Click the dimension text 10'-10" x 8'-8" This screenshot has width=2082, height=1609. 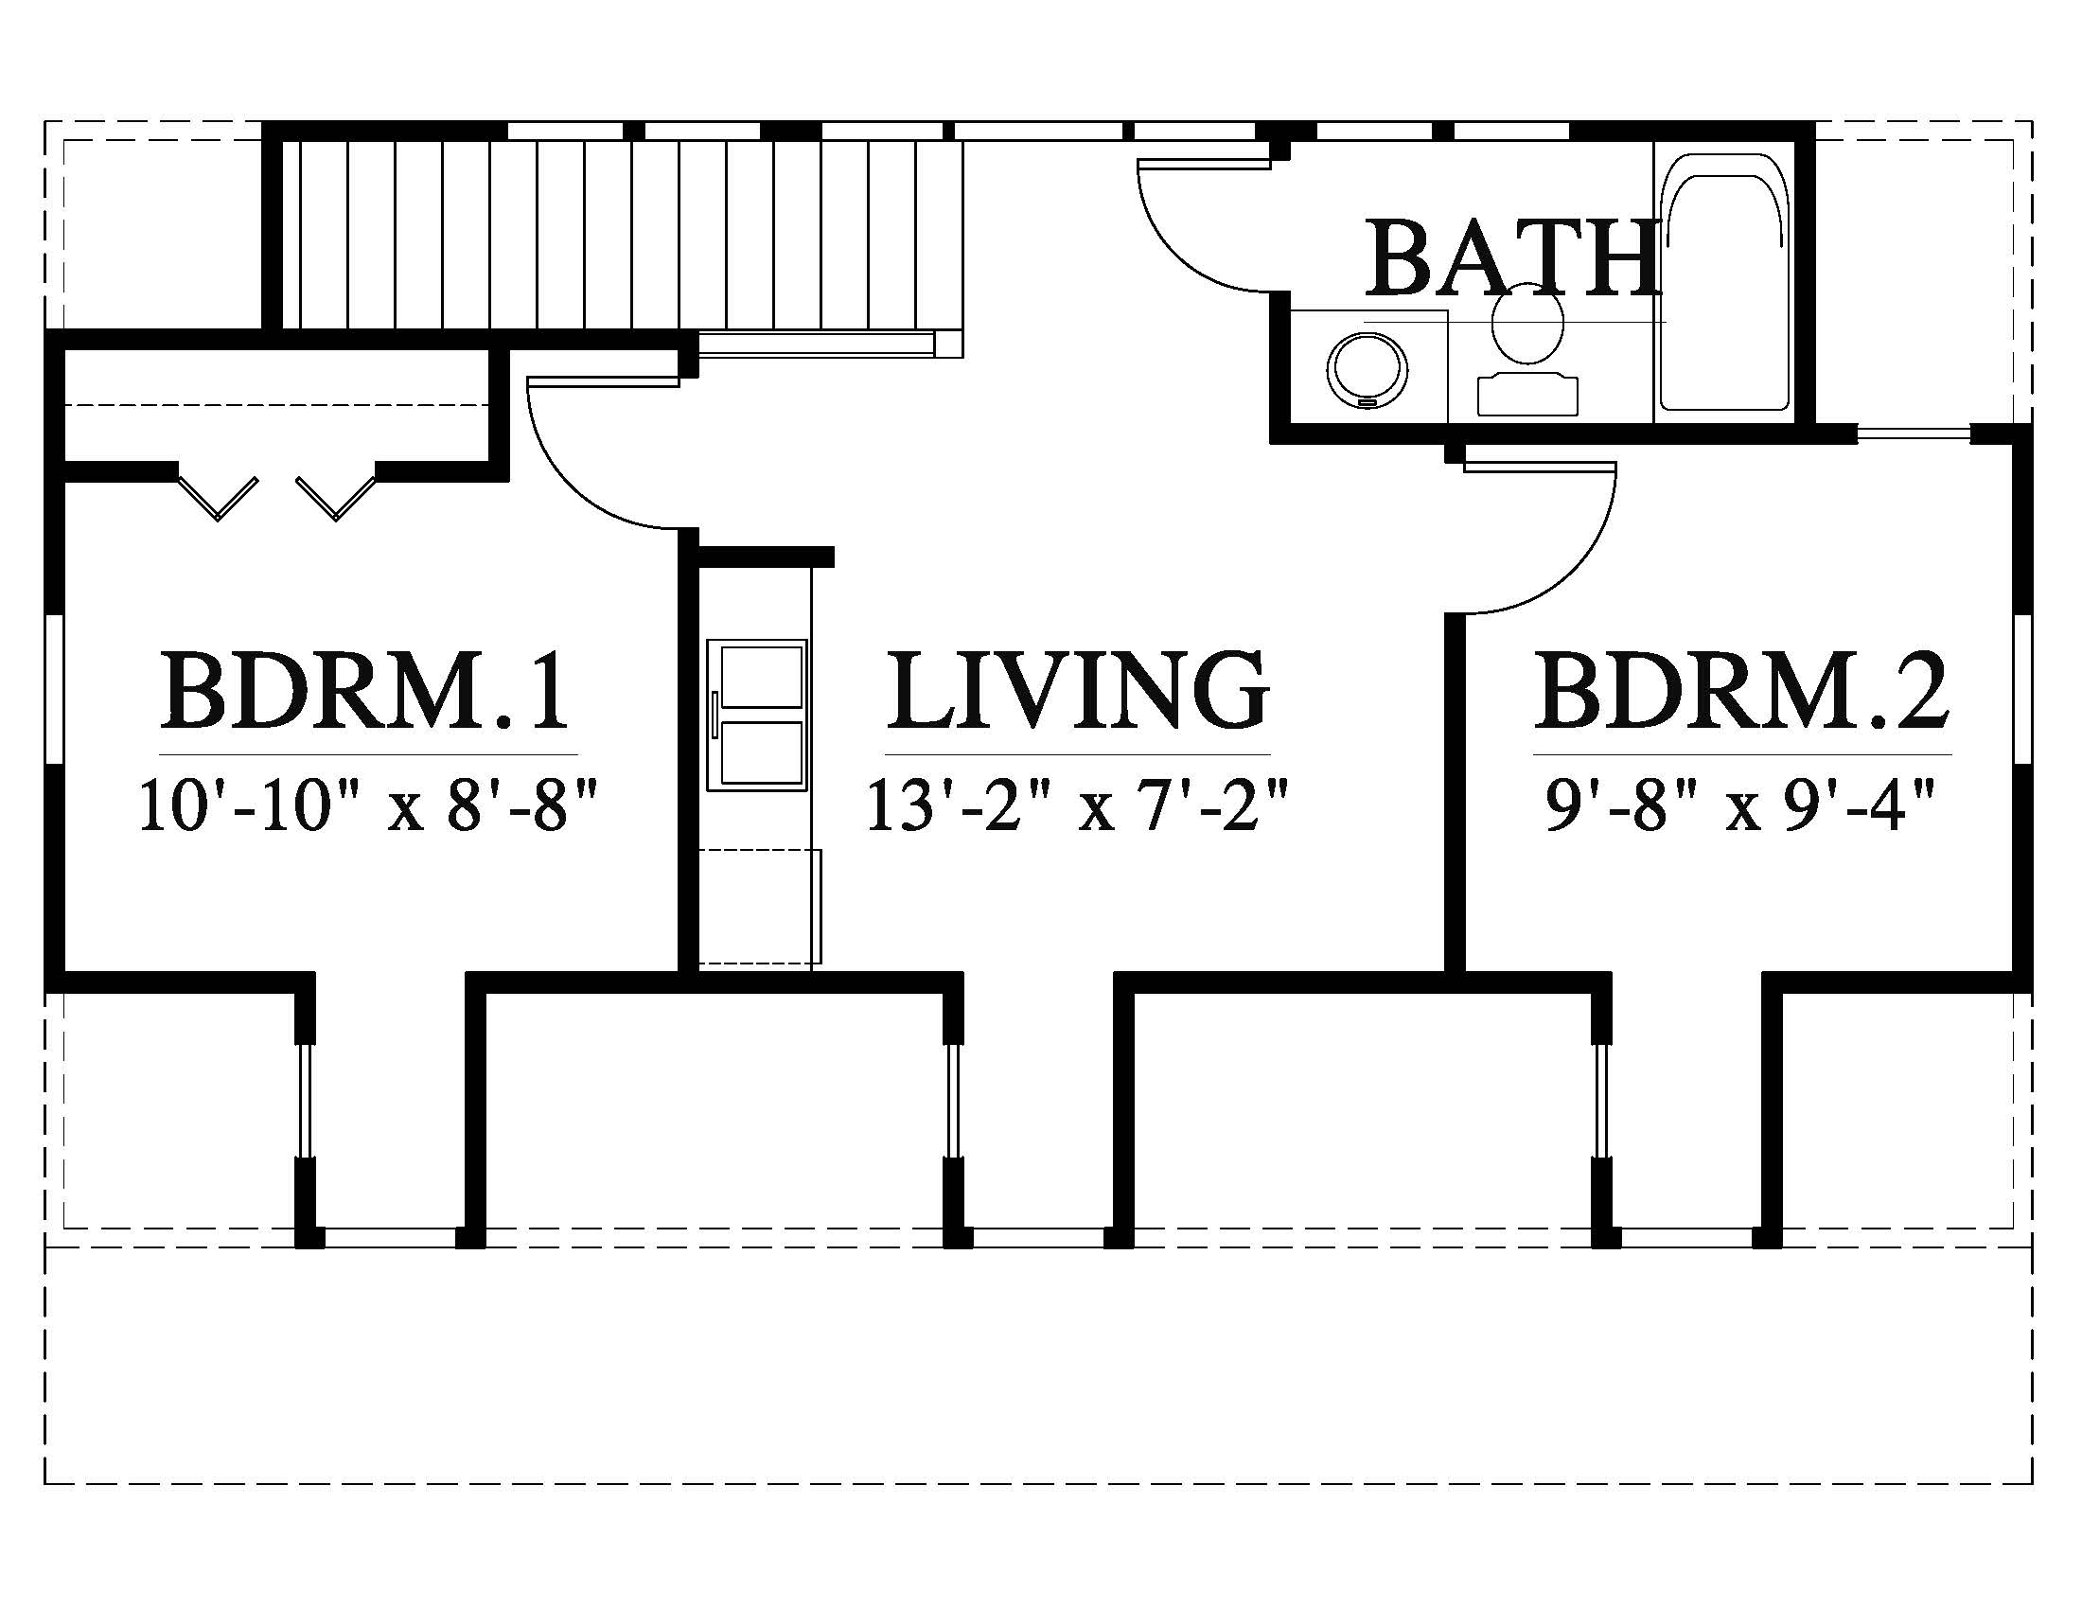point(368,805)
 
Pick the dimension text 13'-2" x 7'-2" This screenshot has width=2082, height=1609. point(1078,805)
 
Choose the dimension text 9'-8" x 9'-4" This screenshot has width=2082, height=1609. point(1741,805)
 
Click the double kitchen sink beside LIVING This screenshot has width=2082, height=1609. point(759,715)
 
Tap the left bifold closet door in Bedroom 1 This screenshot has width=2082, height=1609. point(220,498)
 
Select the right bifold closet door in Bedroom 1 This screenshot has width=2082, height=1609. point(336,498)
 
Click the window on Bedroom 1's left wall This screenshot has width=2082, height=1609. point(54,690)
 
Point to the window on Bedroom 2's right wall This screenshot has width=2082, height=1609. point(2023,690)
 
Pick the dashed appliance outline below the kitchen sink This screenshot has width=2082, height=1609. point(760,907)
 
